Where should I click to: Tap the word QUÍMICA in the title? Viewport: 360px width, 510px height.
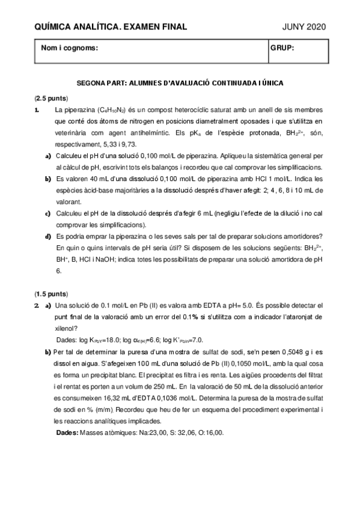pyautogui.click(x=52, y=26)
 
